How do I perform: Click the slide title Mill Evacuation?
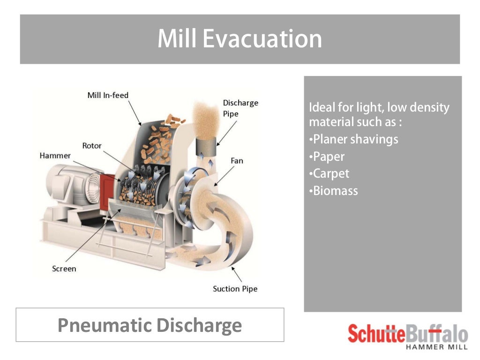click(240, 39)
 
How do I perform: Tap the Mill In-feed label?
click(108, 95)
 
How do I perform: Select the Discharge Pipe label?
click(240, 108)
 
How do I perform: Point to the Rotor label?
click(92, 146)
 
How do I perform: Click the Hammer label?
click(55, 156)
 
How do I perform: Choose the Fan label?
click(237, 161)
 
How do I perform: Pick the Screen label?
click(64, 269)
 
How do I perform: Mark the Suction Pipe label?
click(235, 289)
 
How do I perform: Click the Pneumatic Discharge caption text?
click(150, 325)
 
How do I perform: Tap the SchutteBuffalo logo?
click(407, 334)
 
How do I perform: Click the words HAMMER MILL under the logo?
click(436, 347)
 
